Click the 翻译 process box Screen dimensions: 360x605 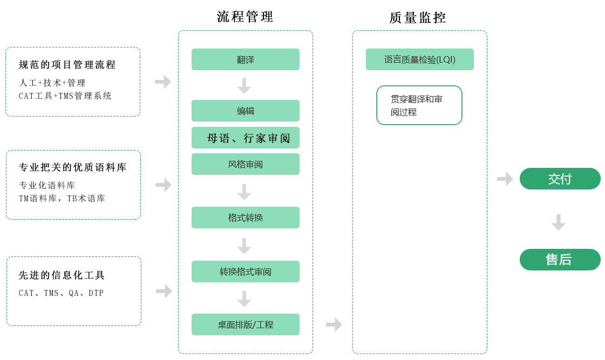tap(245, 59)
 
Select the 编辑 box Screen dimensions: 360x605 tap(245, 111)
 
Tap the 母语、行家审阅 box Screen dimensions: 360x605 tap(245, 138)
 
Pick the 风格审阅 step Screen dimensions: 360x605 tap(245, 164)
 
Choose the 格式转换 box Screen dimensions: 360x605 tap(245, 218)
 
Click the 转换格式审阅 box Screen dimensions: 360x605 tap(245, 271)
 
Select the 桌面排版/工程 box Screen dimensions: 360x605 tap(245, 324)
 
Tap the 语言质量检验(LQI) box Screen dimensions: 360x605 tap(419, 59)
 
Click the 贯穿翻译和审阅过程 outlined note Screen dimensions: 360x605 tap(419, 105)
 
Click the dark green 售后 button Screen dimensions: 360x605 tap(560, 260)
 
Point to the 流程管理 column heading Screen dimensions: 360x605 tap(245, 17)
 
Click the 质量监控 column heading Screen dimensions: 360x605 tap(418, 18)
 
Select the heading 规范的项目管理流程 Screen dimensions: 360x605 tap(67, 65)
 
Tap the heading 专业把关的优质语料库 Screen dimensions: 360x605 tap(73, 167)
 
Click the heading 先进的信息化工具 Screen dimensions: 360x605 tap(62, 275)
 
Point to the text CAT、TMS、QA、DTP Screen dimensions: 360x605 tap(62, 293)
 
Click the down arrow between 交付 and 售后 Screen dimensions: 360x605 tap(559, 222)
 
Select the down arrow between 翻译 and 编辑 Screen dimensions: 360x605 tap(244, 85)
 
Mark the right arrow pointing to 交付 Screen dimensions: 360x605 tap(505, 179)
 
